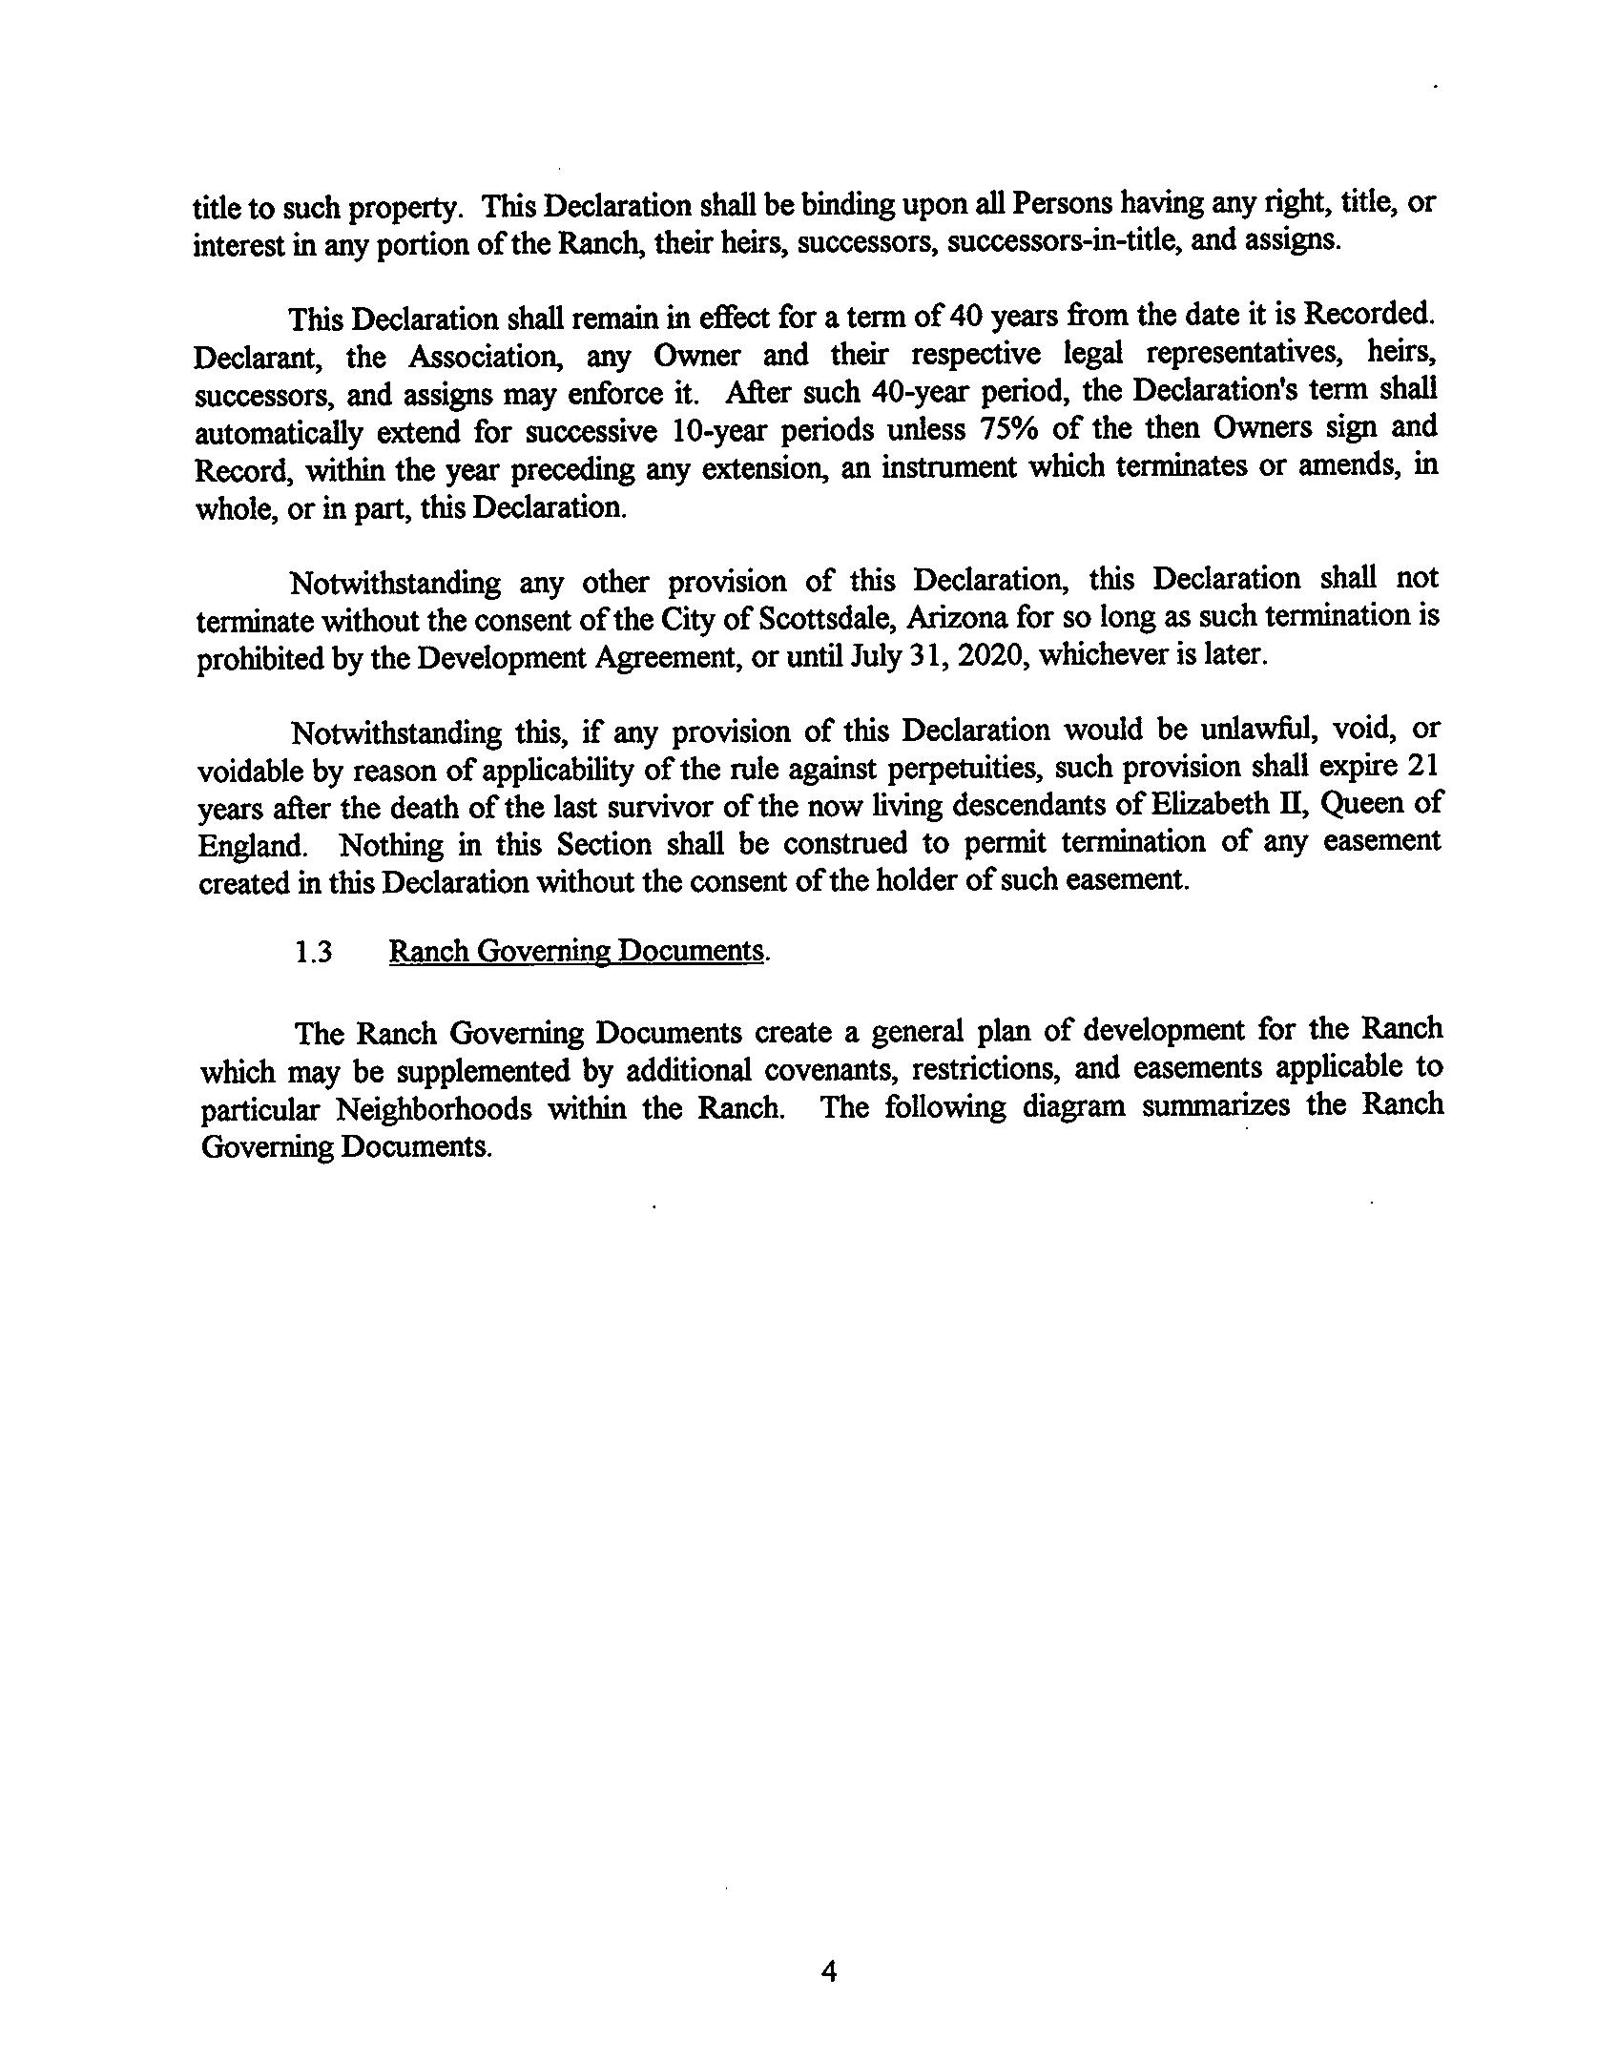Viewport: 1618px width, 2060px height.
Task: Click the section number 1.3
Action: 314,953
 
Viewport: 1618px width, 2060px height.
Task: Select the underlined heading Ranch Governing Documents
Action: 576,952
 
